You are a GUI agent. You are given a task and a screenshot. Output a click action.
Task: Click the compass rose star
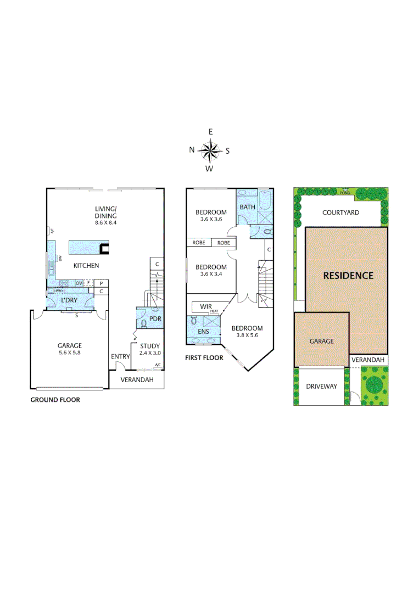coord(209,150)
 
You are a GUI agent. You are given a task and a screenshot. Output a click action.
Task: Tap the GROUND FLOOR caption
coord(55,400)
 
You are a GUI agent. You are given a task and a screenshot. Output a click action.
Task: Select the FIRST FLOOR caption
coord(204,358)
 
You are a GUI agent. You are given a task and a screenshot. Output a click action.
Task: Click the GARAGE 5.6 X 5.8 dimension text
coord(70,353)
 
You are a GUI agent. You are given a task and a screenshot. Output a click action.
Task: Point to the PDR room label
coord(155,318)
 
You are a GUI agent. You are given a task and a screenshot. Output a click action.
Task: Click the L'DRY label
coord(69,300)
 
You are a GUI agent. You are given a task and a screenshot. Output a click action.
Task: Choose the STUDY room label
coord(150,346)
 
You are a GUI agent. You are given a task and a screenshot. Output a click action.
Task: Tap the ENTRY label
coord(120,357)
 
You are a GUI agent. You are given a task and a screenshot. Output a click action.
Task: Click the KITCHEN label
coord(87,266)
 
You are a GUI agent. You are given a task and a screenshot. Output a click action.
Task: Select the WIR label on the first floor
coord(206,306)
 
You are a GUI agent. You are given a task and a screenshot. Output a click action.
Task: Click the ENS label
coord(203,331)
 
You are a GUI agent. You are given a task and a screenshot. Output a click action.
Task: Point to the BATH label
coord(247,207)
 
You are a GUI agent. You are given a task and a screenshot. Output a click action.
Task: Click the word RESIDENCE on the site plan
coord(348,276)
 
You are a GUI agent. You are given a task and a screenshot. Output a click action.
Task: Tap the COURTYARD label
coord(340,212)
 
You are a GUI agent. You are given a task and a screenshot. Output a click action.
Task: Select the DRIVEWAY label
coord(321,387)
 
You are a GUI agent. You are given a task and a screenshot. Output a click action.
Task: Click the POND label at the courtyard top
coord(345,193)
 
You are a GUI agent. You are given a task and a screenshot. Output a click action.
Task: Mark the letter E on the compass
coord(210,132)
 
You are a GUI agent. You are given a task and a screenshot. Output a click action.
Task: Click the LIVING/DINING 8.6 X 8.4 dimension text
coord(106,223)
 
